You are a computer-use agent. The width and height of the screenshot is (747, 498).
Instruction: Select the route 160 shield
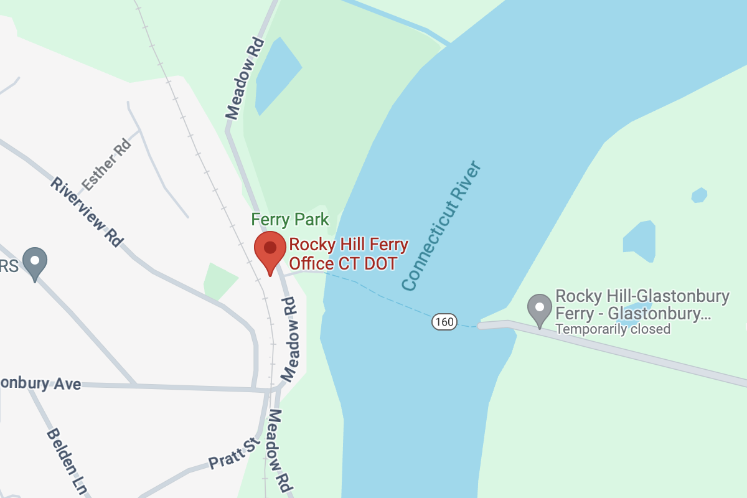[x=444, y=322]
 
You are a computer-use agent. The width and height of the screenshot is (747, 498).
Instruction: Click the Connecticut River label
[x=442, y=225]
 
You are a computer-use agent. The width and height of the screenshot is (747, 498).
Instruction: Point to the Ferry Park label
[x=289, y=220]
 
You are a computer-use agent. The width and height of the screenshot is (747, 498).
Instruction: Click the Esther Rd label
[x=107, y=164]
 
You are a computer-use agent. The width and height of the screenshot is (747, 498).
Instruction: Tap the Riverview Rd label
[x=87, y=212]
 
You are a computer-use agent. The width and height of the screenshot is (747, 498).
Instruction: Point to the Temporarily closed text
[x=613, y=329]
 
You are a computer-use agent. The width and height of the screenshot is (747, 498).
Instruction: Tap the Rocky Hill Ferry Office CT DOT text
[x=349, y=254]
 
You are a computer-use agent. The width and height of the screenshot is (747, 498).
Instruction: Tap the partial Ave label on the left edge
[x=40, y=382]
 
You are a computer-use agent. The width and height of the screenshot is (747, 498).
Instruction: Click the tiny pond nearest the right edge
[x=699, y=195]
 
